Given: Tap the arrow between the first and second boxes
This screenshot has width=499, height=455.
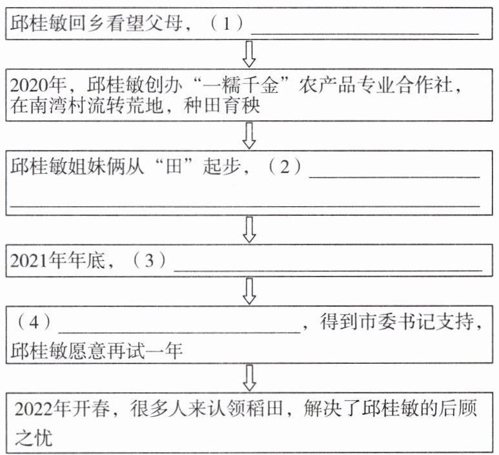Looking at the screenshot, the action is point(249,53).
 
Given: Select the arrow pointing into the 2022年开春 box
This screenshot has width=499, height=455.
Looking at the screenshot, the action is point(249,376).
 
